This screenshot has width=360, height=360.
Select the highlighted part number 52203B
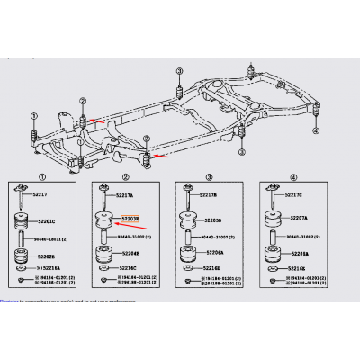point(131,217)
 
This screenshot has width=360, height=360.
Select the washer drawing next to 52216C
point(102,268)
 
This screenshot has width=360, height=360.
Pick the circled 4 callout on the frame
point(316,130)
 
